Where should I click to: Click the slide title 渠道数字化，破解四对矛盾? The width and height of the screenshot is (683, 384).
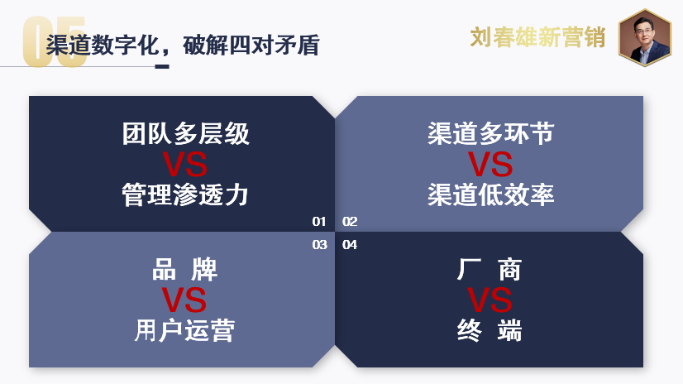(x=183, y=45)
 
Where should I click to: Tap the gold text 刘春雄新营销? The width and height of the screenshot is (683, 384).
(x=538, y=37)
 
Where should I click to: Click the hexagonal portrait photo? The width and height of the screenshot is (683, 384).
(x=645, y=37)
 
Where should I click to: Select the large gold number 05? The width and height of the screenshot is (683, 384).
(x=54, y=42)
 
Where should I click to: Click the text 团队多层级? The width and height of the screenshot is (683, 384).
(x=185, y=133)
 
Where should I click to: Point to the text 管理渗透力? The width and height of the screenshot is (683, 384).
(x=185, y=194)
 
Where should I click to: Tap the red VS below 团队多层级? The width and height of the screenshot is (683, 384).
(x=184, y=165)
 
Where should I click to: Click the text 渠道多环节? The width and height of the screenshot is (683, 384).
(x=491, y=133)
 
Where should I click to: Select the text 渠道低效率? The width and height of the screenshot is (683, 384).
(x=491, y=194)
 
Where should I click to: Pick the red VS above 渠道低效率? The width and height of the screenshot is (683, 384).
(x=490, y=165)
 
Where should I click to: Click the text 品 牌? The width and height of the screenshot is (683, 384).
(x=184, y=269)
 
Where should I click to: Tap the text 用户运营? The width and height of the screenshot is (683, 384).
(x=184, y=330)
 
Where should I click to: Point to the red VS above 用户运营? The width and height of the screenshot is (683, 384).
(x=184, y=300)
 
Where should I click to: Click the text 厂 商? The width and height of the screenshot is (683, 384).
(x=490, y=269)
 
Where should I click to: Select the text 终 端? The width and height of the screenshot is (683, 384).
(x=490, y=330)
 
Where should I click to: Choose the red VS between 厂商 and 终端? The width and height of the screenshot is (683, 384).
(x=490, y=300)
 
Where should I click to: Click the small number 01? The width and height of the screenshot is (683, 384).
(x=319, y=222)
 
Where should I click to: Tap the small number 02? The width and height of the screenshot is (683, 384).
(x=350, y=222)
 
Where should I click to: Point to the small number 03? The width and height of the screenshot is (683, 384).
(x=320, y=245)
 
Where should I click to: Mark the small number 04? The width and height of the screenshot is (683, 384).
(x=350, y=245)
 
